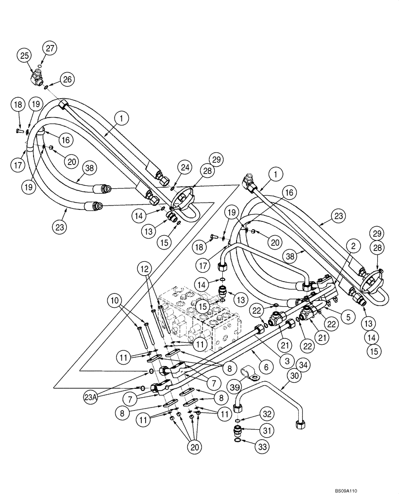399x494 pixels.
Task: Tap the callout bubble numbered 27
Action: click(50, 48)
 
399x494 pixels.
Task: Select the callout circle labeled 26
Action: click(68, 79)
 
